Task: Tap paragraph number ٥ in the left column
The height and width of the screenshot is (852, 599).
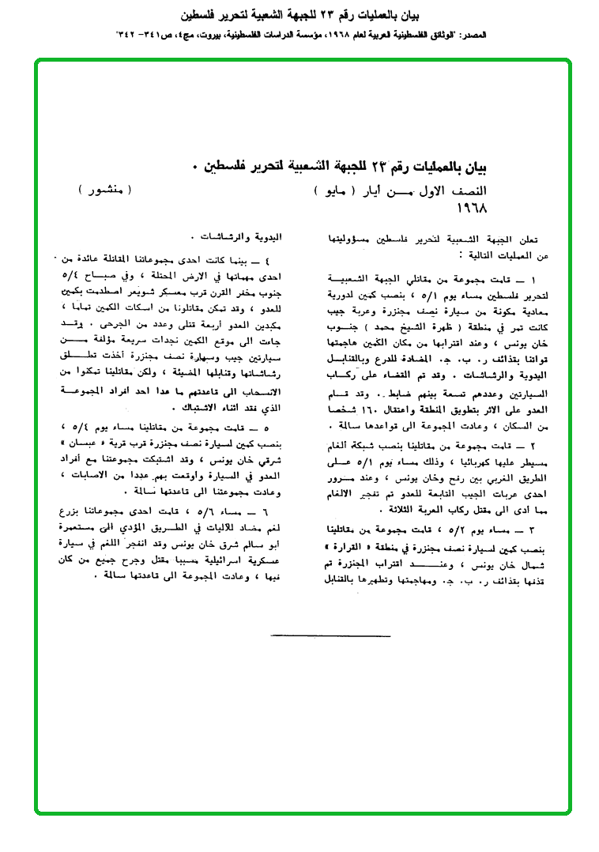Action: [273, 427]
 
